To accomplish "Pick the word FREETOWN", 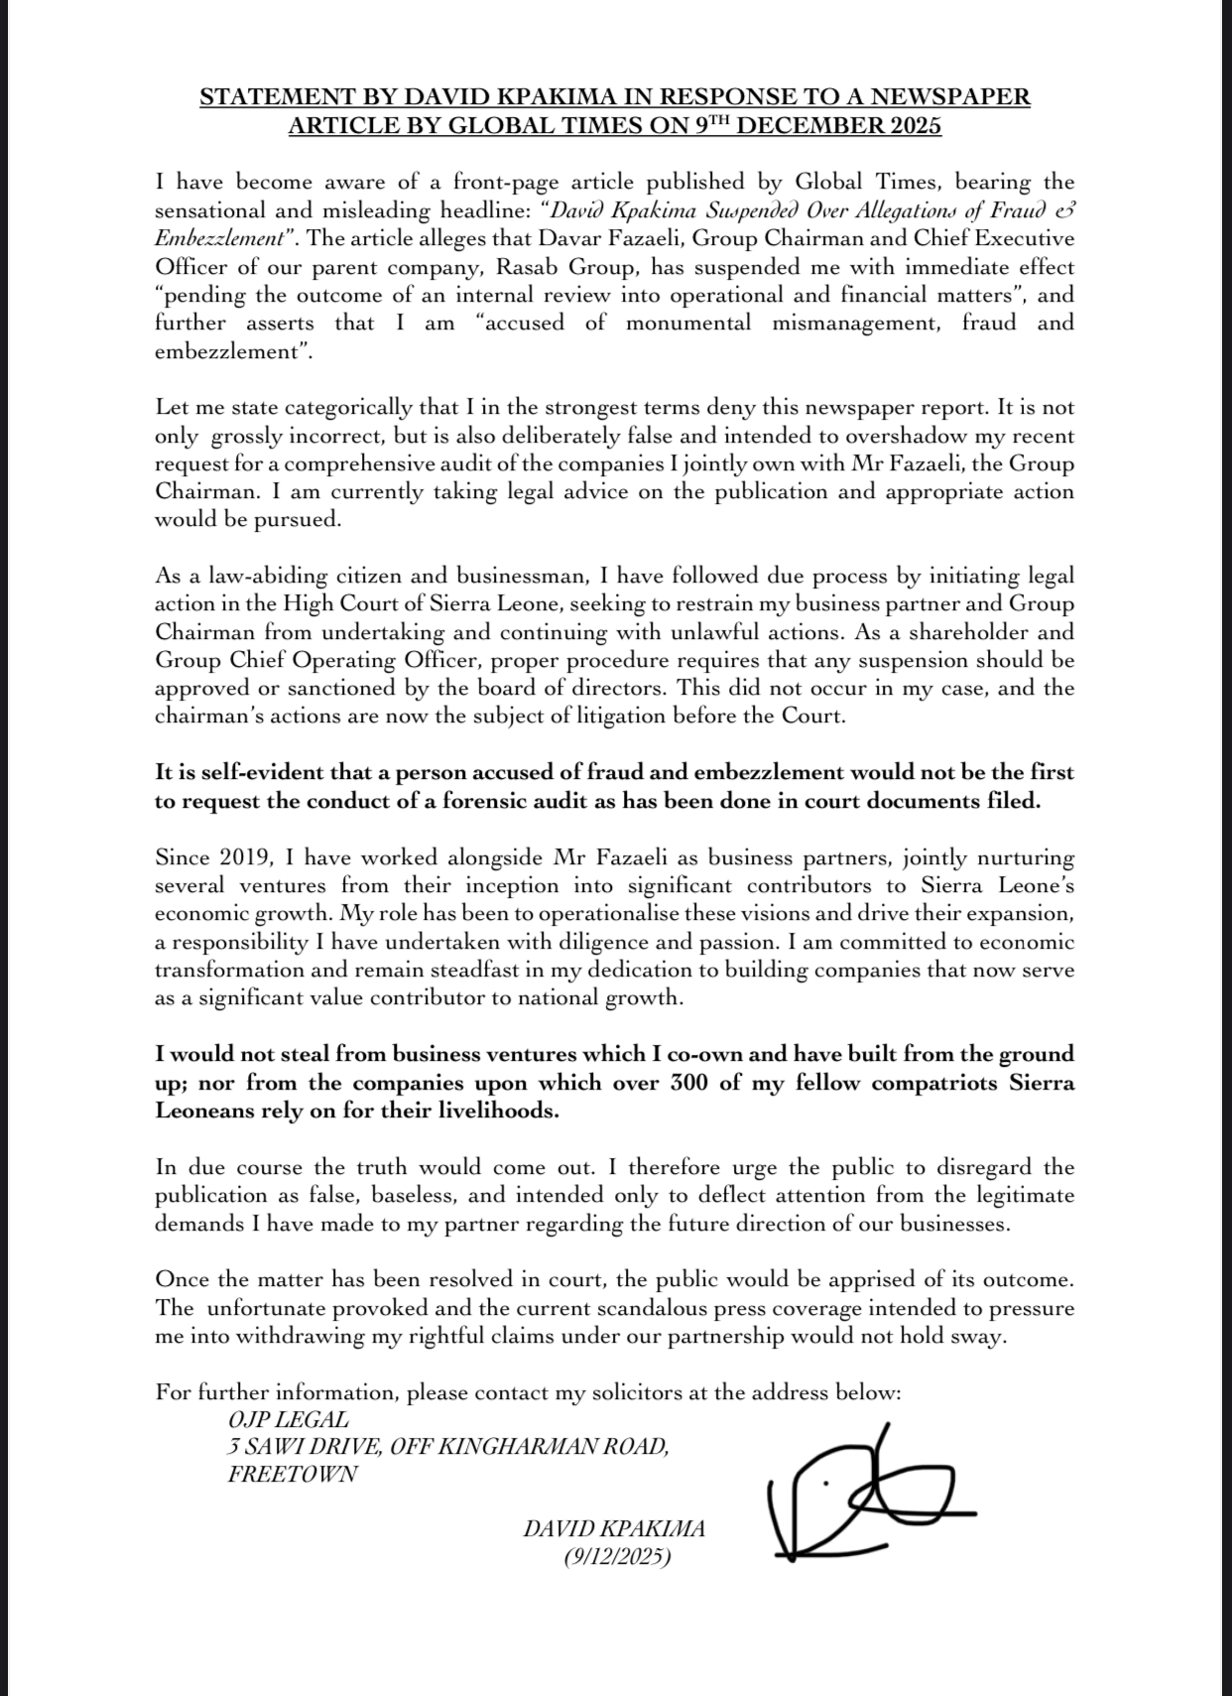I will (x=293, y=1474).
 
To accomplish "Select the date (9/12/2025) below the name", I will (x=616, y=1557).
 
